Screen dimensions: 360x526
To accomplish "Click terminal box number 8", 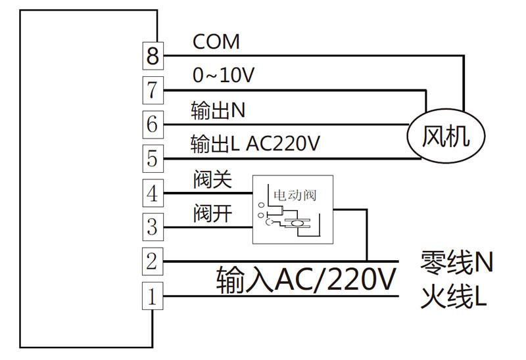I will point(153,56).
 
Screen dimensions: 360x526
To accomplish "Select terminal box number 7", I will point(153,89).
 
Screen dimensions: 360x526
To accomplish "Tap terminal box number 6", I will point(153,124).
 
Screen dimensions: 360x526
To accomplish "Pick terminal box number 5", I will point(153,158).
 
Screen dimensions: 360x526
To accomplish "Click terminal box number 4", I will point(153,194).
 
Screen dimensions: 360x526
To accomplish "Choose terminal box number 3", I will point(153,227).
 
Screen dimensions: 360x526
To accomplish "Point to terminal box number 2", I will point(153,262).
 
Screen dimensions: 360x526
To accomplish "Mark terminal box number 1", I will point(153,298).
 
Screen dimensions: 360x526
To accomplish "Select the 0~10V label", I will point(223,76).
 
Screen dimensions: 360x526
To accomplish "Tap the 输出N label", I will point(217,110).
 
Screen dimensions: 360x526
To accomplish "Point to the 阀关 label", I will point(212,179).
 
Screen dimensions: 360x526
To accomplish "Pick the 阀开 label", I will point(212,213).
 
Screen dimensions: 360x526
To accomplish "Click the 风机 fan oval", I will point(445,137).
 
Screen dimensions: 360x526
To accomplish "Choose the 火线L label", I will point(454,298).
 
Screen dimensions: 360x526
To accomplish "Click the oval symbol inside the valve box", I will point(297,224).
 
